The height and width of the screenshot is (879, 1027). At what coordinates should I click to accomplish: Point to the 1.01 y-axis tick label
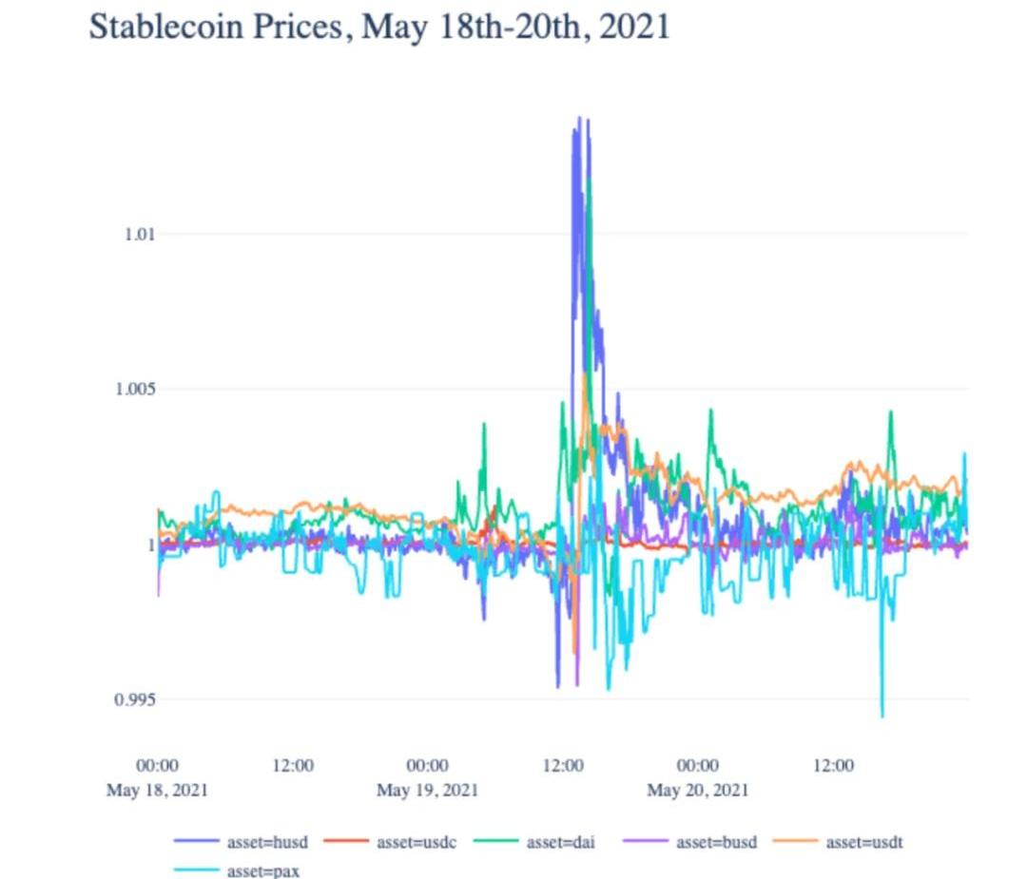(x=139, y=234)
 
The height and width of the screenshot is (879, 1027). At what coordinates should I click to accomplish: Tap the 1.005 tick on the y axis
(x=135, y=389)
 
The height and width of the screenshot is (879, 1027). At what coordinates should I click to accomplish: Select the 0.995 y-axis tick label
(x=135, y=699)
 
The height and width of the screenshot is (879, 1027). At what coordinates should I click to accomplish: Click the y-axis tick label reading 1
(x=149, y=545)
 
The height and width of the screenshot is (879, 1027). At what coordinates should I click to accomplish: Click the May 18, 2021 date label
(x=157, y=790)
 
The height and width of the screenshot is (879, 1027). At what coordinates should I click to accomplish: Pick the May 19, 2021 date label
(x=427, y=790)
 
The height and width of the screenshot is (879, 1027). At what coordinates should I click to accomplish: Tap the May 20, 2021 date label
(x=697, y=790)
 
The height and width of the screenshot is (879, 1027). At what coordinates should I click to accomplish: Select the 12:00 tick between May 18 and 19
(x=293, y=766)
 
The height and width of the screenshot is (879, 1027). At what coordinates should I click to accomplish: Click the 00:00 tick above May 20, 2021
(x=697, y=766)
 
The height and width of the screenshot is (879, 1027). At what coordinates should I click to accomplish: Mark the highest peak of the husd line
(x=578, y=118)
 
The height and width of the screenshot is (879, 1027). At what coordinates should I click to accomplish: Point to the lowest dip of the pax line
(x=882, y=716)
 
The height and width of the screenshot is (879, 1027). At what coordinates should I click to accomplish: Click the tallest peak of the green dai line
(x=590, y=179)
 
